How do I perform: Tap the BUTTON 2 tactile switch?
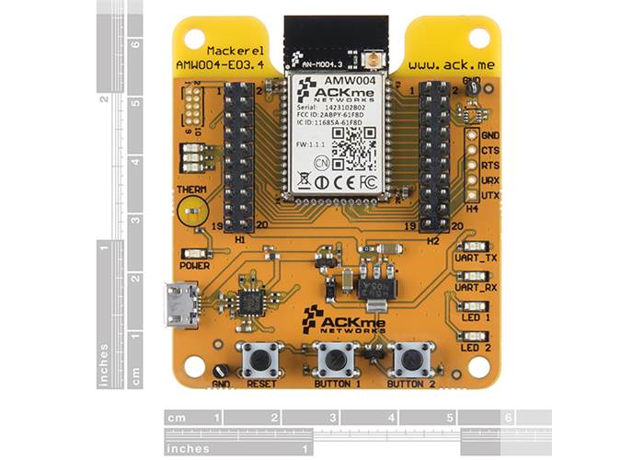[x=411, y=358]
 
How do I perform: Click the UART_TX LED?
[x=476, y=246]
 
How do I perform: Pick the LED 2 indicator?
[x=476, y=336]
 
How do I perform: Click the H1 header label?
[x=239, y=239]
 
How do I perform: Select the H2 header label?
[x=433, y=239]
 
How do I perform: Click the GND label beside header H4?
[x=489, y=135]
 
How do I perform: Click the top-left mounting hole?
[x=193, y=39]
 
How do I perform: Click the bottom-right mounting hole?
[x=479, y=365]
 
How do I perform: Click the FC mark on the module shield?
[x=367, y=181]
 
